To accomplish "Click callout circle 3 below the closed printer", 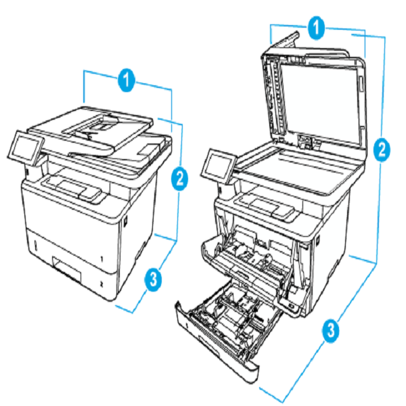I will tap(155, 278).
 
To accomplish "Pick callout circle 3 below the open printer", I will tap(330, 332).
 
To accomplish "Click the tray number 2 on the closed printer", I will tap(101, 287).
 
